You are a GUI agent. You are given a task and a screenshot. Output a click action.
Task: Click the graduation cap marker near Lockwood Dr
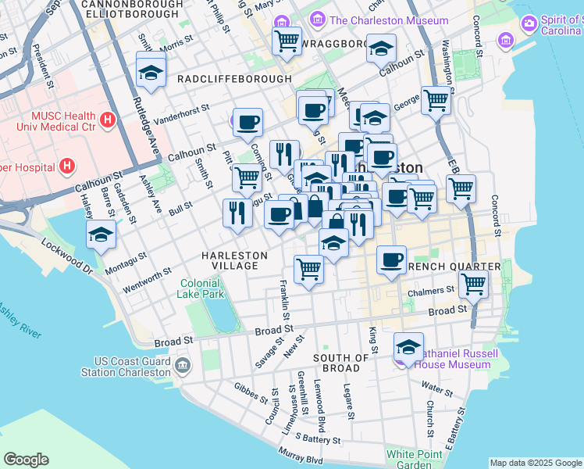point(101,234)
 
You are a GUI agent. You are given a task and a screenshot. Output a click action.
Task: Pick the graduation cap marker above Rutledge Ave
point(151,73)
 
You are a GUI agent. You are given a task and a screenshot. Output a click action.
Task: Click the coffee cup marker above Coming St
point(247,122)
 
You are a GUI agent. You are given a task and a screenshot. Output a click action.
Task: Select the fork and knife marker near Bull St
point(237,213)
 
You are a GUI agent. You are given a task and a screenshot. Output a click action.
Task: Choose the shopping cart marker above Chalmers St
point(473,285)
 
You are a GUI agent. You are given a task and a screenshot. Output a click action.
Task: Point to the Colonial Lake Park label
point(202,288)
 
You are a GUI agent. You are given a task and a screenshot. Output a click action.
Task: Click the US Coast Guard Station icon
point(182,365)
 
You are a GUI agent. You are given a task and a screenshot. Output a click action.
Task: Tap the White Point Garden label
point(413,459)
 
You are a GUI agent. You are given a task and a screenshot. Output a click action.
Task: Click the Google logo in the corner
point(26,459)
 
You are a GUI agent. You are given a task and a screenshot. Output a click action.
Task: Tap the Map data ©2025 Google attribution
point(536,463)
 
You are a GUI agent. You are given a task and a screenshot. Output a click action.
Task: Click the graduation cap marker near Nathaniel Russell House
point(408,346)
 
